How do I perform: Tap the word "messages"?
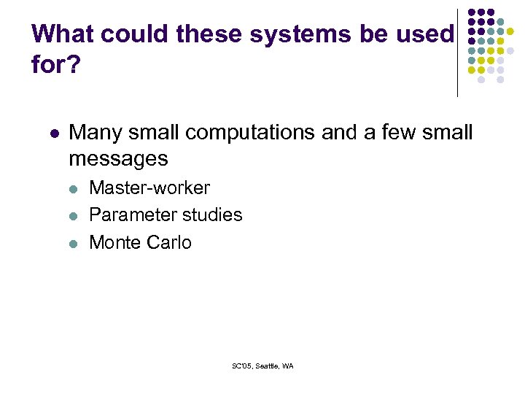point(118,158)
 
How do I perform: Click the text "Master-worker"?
point(149,188)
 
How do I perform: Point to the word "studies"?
point(212,215)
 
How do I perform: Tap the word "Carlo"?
point(170,242)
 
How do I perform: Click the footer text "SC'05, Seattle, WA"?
point(262,366)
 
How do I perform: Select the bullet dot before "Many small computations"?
point(52,134)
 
